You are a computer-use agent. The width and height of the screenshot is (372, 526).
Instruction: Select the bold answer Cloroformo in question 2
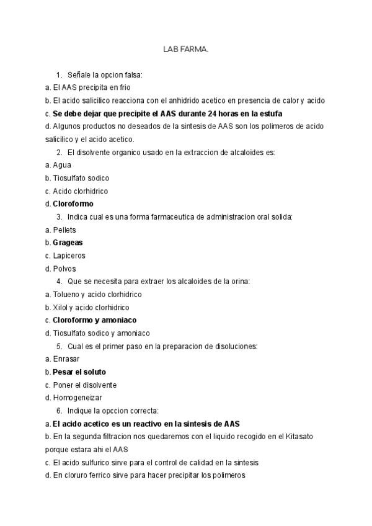pyautogui.click(x=73, y=203)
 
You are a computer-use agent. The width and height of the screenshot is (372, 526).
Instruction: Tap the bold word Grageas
pyautogui.click(x=68, y=243)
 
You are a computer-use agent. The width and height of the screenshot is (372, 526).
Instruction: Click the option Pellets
pyautogui.click(x=64, y=230)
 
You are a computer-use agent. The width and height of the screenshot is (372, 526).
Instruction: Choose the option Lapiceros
pyautogui.click(x=69, y=256)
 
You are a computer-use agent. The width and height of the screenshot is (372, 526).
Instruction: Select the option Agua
pyautogui.click(x=62, y=165)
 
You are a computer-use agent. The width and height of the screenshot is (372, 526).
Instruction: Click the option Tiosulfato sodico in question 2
pyautogui.click(x=81, y=178)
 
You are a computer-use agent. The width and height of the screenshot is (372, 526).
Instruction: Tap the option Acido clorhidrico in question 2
pyautogui.click(x=80, y=191)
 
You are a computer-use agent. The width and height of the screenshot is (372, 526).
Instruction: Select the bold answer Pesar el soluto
pyautogui.click(x=79, y=372)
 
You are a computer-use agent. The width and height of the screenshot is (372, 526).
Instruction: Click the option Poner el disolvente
pyautogui.click(x=79, y=385)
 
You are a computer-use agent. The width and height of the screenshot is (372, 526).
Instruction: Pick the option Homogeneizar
pyautogui.click(x=77, y=398)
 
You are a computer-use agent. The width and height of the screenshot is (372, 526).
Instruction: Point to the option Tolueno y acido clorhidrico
pyautogui.click(x=97, y=294)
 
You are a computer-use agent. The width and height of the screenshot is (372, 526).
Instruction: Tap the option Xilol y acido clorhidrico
pyautogui.click(x=92, y=307)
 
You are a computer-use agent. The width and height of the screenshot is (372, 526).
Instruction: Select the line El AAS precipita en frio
pyautogui.click(x=91, y=87)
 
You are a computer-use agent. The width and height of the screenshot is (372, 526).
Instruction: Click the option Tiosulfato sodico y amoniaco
pyautogui.click(x=101, y=333)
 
